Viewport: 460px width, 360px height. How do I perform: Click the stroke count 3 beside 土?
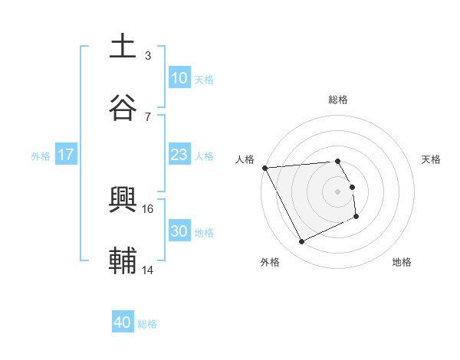point(148,56)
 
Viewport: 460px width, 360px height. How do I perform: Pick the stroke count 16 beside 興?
point(149,208)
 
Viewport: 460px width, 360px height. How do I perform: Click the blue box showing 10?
point(179,78)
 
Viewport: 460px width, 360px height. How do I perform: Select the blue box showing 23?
point(179,155)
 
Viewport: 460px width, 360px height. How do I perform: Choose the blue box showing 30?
point(179,231)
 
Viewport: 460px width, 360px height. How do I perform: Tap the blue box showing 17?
point(66,155)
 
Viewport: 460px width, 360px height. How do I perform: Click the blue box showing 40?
point(123,322)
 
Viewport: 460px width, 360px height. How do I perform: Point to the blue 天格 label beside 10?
point(204,79)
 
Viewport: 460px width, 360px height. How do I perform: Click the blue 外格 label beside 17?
point(41,155)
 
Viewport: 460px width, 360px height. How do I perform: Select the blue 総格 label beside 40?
point(147,324)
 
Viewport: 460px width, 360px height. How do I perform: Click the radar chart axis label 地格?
point(402,262)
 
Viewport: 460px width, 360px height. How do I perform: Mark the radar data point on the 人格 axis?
point(264,168)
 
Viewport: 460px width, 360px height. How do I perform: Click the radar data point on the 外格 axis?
point(301,242)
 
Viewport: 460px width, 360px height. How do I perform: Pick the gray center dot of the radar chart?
point(338,191)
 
